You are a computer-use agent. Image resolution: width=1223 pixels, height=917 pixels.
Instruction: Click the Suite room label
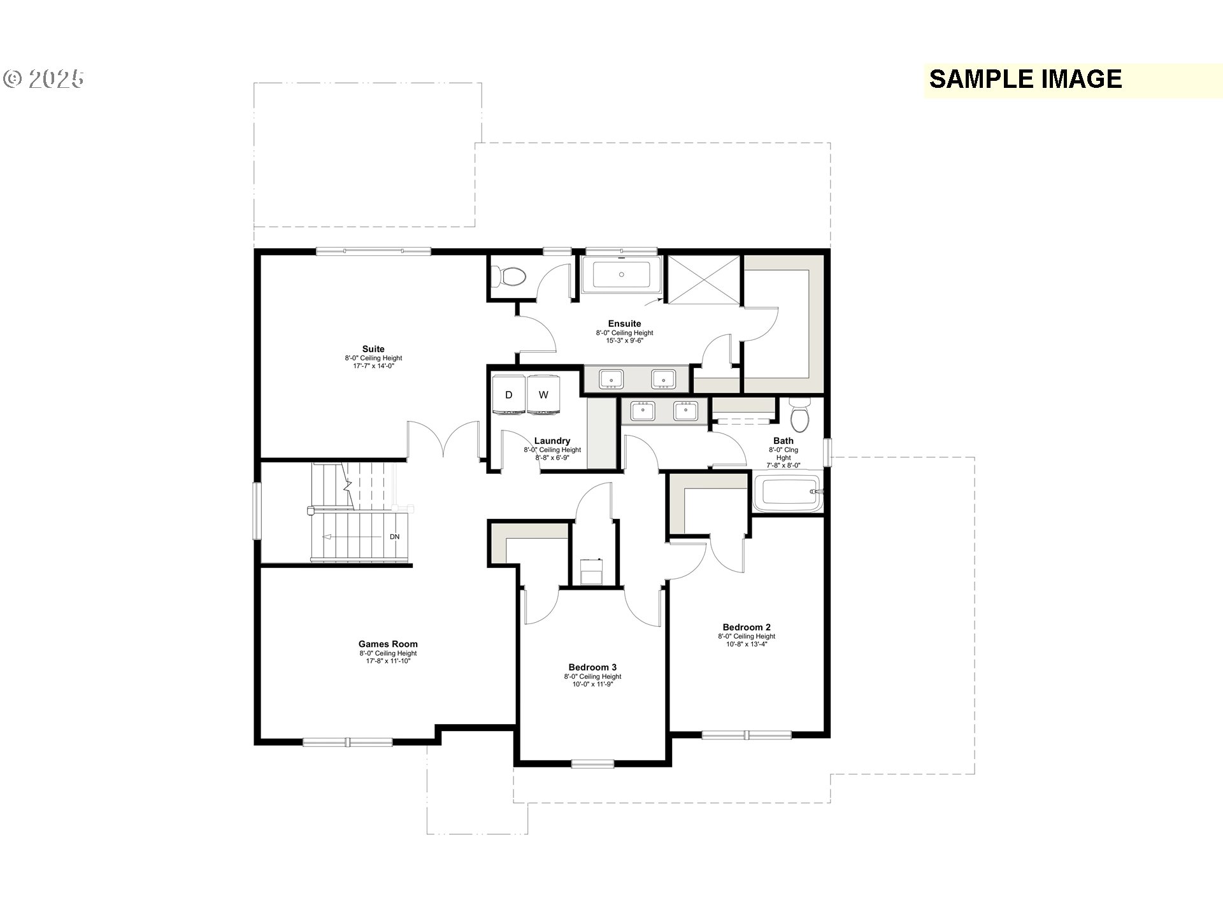pos(373,349)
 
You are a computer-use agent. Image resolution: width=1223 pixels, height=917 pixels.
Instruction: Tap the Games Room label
pos(388,644)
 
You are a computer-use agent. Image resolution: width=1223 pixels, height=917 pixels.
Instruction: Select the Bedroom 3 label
pos(592,667)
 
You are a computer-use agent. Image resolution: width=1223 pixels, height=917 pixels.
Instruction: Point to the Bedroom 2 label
pos(747,627)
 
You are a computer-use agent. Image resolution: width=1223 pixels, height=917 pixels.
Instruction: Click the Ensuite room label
pos(624,323)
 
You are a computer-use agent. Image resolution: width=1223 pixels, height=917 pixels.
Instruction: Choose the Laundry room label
pos(552,441)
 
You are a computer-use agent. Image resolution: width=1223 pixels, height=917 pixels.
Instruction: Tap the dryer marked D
pos(509,395)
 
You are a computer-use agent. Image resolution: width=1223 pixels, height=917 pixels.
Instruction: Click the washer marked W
pos(543,395)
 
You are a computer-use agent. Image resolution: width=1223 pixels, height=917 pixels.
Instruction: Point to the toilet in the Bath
pos(799,415)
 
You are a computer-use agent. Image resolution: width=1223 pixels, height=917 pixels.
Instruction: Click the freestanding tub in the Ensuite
pos(622,275)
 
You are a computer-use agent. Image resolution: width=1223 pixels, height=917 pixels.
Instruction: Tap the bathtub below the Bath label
pos(788,492)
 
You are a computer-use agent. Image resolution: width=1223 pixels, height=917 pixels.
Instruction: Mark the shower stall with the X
pos(704,281)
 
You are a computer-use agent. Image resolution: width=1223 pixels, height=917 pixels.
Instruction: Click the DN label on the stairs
pos(395,537)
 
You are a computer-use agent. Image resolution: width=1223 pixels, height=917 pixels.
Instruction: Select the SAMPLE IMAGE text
pos(1026,79)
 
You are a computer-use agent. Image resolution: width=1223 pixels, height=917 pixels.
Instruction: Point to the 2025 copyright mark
pos(44,79)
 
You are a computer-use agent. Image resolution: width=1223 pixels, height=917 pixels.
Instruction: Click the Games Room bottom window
pos(348,741)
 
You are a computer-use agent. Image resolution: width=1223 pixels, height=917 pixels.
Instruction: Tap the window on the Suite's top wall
pos(373,252)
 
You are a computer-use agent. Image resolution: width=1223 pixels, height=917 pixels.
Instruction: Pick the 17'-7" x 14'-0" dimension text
pos(373,366)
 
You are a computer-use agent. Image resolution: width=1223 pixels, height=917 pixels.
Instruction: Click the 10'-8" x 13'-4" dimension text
pos(747,644)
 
